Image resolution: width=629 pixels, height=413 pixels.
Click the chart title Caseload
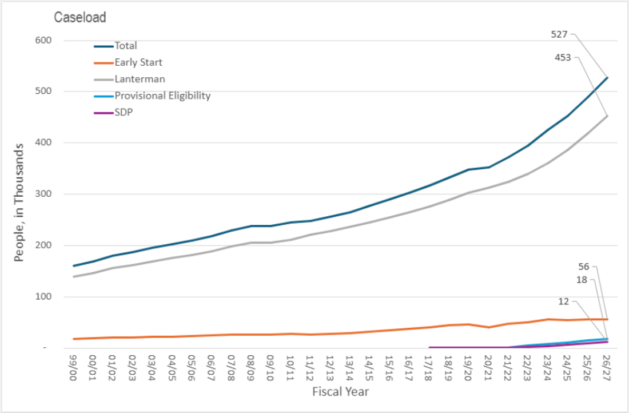(80, 17)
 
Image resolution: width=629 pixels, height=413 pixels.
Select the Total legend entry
(125, 46)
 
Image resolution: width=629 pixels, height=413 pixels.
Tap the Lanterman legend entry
(140, 79)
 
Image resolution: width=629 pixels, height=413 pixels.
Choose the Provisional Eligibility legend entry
(162, 96)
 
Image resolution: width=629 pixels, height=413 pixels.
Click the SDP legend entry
(124, 112)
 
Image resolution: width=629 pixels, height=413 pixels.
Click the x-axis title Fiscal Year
(340, 392)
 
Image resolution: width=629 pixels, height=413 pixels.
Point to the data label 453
(563, 57)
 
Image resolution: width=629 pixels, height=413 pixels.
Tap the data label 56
(583, 267)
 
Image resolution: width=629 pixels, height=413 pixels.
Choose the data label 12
(563, 301)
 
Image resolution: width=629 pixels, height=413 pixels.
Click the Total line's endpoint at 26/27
(607, 78)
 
